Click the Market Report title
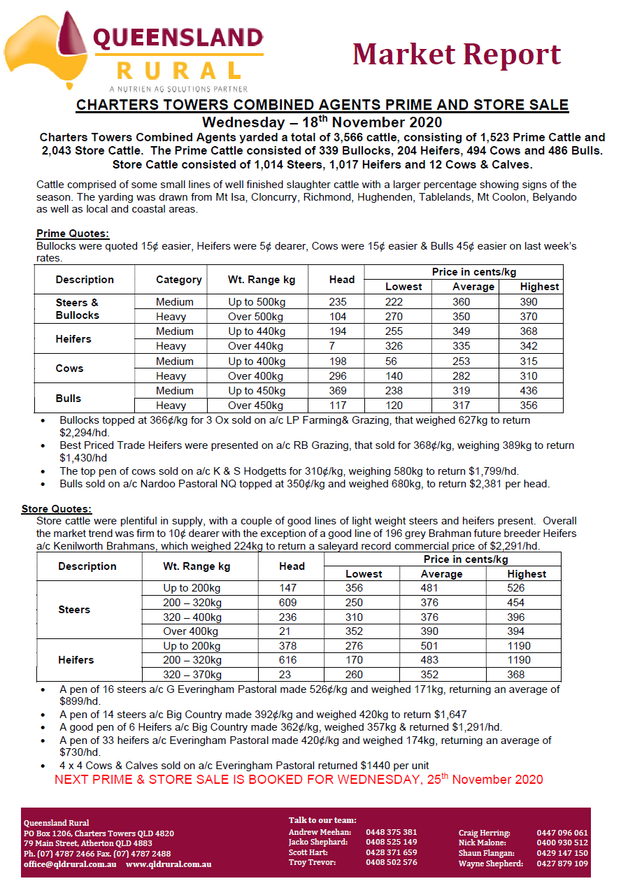point(457,54)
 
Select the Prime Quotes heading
point(73,234)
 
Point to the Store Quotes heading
point(57,508)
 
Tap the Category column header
point(178,280)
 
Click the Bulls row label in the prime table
point(69,399)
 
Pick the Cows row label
point(69,368)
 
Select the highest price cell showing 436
point(529,391)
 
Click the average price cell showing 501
point(429,646)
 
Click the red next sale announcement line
point(299,780)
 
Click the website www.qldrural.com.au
point(169,864)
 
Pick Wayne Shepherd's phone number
point(562,864)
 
